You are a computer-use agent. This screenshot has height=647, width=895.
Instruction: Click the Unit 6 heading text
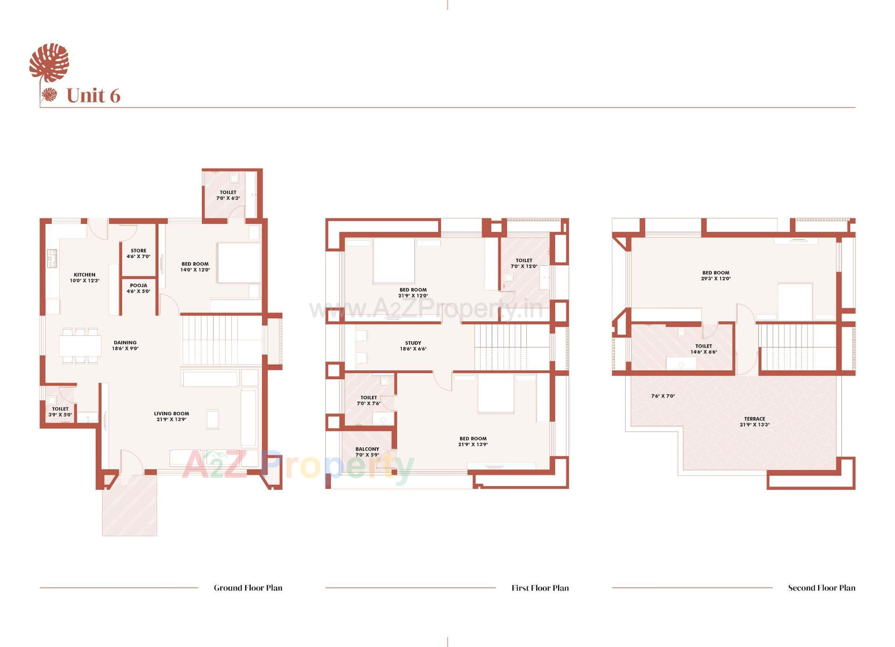point(93,96)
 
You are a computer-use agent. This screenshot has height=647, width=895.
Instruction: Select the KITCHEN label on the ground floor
point(84,278)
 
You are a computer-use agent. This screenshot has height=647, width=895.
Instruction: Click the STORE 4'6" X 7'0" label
point(138,253)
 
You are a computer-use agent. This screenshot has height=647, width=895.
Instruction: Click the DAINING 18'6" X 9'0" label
point(125,345)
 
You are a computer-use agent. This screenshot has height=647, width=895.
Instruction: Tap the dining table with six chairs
point(80,346)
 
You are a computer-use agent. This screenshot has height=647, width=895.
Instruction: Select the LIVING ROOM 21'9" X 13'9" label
point(172,416)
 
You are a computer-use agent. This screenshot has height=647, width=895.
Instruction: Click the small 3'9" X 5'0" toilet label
point(60,411)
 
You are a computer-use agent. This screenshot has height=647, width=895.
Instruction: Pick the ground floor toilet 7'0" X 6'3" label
point(228,195)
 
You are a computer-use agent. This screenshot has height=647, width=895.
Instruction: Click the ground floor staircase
point(221,340)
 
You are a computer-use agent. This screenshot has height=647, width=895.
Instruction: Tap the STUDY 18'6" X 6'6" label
point(413,346)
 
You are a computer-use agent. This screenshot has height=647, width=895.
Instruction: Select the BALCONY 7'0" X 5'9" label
point(367,452)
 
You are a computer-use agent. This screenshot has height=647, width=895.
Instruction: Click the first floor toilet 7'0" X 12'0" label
point(524,264)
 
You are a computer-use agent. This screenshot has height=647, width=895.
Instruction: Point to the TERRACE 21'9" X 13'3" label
point(754,422)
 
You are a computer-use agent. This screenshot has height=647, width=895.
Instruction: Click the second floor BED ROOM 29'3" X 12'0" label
point(716,275)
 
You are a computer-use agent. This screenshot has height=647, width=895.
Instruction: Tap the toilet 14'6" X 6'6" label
point(703,349)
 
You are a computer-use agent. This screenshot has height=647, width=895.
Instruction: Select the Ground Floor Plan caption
point(248,588)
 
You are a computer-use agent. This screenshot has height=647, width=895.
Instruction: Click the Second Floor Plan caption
point(821,588)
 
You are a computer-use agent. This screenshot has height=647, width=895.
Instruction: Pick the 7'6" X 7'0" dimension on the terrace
point(663,396)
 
